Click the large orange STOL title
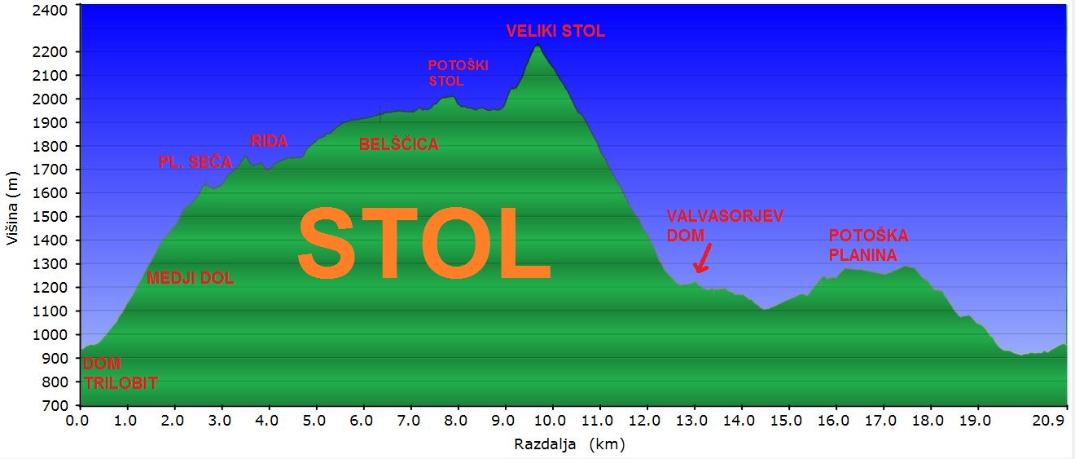(423, 242)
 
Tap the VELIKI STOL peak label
(555, 32)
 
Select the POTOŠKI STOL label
(457, 73)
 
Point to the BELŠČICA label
(399, 145)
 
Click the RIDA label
(269, 141)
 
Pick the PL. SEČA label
(195, 163)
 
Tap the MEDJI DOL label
(190, 279)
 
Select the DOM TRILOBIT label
(120, 373)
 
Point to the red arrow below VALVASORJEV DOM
(701, 260)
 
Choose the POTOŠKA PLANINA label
(868, 245)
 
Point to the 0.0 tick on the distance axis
(80, 421)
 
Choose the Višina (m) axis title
(11, 208)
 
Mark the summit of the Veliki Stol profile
(537, 45)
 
